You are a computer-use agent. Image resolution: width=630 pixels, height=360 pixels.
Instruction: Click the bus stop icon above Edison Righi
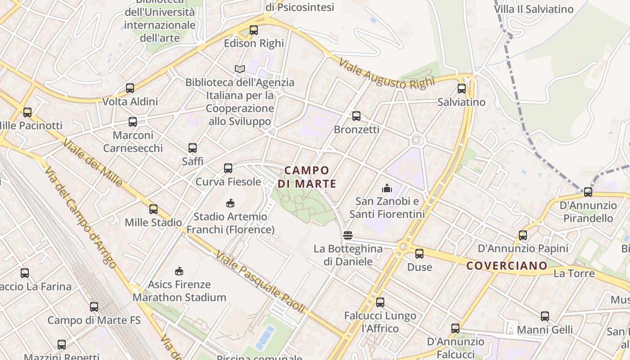point(254,30)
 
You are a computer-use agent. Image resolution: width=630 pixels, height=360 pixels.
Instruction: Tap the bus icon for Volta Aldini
point(130,88)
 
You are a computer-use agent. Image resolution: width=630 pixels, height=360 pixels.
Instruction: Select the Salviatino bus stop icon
point(462,89)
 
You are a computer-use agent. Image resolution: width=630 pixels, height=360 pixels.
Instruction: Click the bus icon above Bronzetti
point(356,116)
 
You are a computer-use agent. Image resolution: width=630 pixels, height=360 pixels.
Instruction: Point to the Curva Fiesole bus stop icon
point(228,168)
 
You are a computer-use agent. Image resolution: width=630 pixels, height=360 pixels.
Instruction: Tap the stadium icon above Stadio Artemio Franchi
point(230,203)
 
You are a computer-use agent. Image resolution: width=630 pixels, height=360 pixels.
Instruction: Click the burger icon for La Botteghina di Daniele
point(347,235)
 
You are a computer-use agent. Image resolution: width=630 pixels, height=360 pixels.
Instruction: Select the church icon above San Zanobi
point(387,188)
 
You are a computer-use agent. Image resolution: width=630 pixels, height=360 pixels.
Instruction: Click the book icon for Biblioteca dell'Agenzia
point(240,69)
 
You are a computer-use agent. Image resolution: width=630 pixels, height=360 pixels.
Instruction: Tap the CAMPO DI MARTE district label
point(307,177)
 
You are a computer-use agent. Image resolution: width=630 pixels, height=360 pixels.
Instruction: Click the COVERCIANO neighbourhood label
point(507,265)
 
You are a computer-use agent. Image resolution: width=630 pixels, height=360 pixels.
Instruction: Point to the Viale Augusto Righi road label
point(387,74)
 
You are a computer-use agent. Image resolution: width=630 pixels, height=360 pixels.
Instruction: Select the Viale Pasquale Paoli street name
point(260,282)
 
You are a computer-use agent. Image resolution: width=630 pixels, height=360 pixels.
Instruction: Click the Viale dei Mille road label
point(92,162)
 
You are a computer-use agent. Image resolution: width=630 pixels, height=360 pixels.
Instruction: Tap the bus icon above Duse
point(419,254)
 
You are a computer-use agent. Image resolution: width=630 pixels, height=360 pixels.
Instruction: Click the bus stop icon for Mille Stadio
point(153,209)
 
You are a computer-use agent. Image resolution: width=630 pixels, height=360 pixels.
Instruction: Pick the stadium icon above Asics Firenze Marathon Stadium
point(179,271)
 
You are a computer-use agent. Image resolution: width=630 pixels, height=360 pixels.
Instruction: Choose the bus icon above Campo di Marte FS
point(94,307)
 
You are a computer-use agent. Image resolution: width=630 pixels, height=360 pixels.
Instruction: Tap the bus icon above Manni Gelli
point(545,316)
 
